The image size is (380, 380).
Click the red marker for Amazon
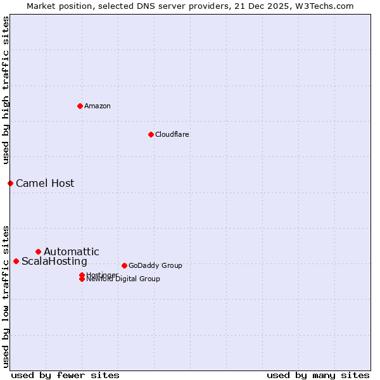point(80,106)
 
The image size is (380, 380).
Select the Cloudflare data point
point(151,134)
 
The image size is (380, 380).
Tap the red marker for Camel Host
point(10,183)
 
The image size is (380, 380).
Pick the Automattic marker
point(38,251)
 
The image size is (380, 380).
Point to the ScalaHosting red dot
point(16,261)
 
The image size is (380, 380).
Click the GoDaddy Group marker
point(124,265)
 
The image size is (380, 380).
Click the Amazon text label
point(98,106)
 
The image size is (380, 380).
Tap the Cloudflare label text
point(172,134)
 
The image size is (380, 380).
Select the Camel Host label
point(45,183)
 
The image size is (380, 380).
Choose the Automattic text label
point(72,251)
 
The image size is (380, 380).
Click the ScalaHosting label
point(54,261)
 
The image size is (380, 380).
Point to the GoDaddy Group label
point(155,265)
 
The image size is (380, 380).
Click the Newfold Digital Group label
point(123,279)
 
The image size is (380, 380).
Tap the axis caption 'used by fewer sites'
point(65,375)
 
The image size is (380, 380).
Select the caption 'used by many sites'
point(318,375)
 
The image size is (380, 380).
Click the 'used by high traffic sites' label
point(6,90)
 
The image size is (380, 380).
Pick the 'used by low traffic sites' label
point(6,296)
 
